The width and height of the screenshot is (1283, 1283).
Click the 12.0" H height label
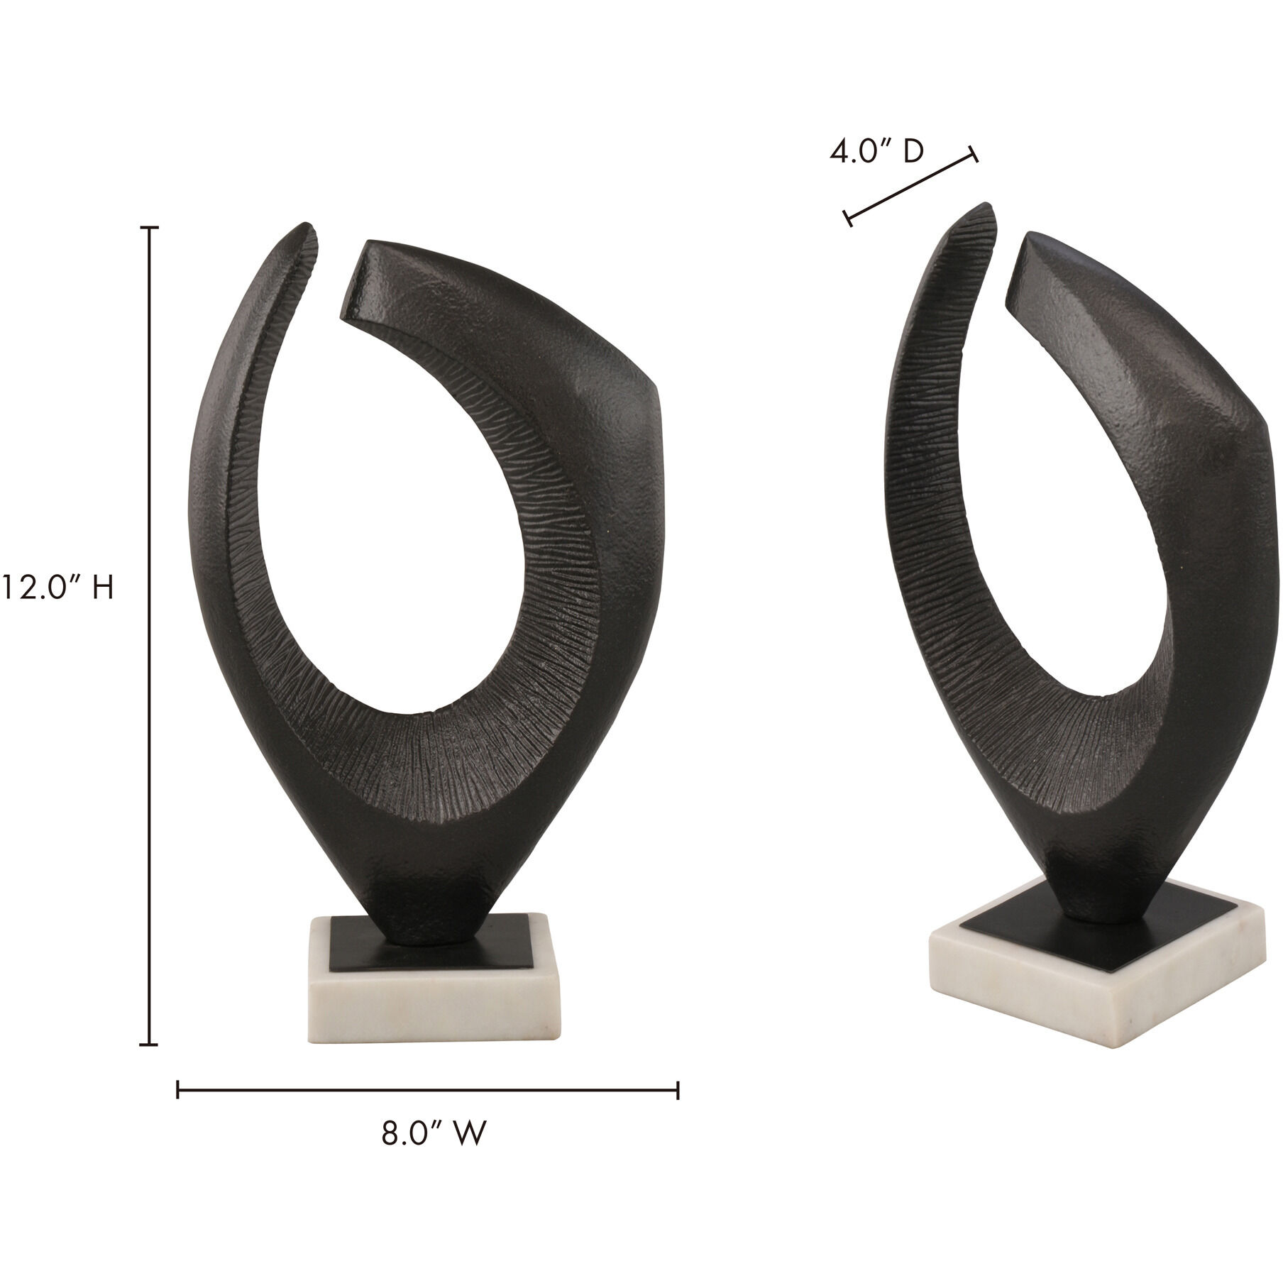click(x=57, y=588)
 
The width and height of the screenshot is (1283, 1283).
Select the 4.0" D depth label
click(x=877, y=153)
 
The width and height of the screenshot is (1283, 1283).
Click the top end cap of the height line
click(x=149, y=228)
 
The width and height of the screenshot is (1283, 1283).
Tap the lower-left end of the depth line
click(x=847, y=219)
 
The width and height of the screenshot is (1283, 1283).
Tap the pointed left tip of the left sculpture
click(x=308, y=227)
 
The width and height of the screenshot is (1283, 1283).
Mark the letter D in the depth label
click(x=913, y=153)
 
